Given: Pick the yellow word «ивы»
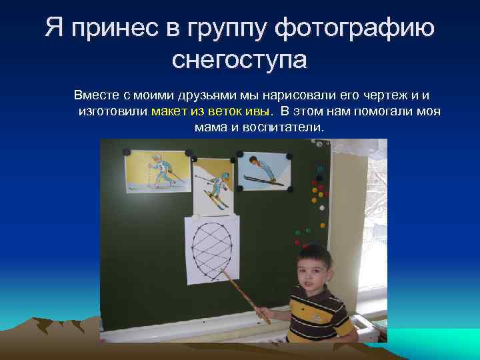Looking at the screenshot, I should coord(259,111).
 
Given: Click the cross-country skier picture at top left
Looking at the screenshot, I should coord(157,173).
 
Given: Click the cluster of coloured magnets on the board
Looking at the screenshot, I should coord(317,193).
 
